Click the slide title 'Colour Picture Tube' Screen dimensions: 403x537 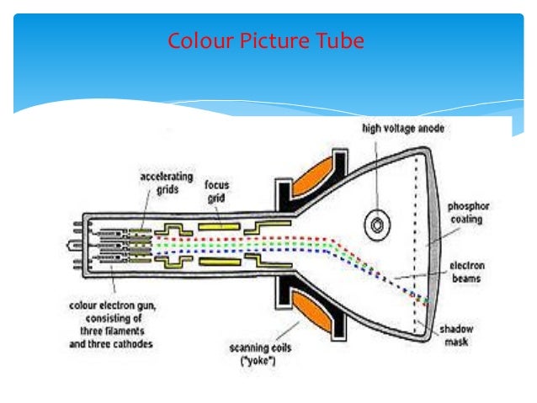[266, 40]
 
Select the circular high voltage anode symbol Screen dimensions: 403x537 [375, 225]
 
